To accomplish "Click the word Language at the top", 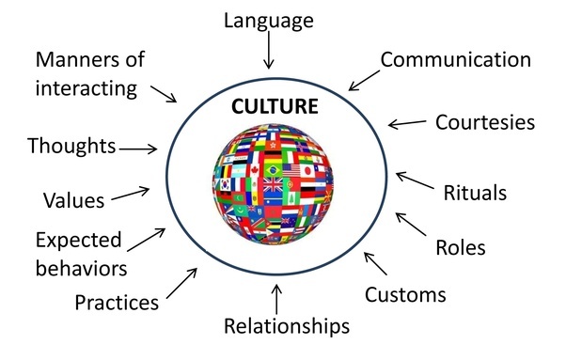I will tap(269, 20).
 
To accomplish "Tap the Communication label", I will tap(456, 60).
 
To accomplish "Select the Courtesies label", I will tap(485, 122).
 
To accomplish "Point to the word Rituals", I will tap(475, 193).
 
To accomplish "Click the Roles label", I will tap(460, 248).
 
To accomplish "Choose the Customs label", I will tap(405, 294).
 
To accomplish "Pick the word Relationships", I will tap(287, 326).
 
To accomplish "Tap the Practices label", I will tap(117, 303).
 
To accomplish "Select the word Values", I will tap(72, 199).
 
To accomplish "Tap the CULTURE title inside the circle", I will tap(275, 106).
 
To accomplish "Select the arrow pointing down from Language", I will tap(269, 54).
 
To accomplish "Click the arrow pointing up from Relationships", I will tap(275, 298).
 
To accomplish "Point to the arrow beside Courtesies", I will tap(407, 123).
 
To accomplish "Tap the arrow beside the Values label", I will tap(132, 193).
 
